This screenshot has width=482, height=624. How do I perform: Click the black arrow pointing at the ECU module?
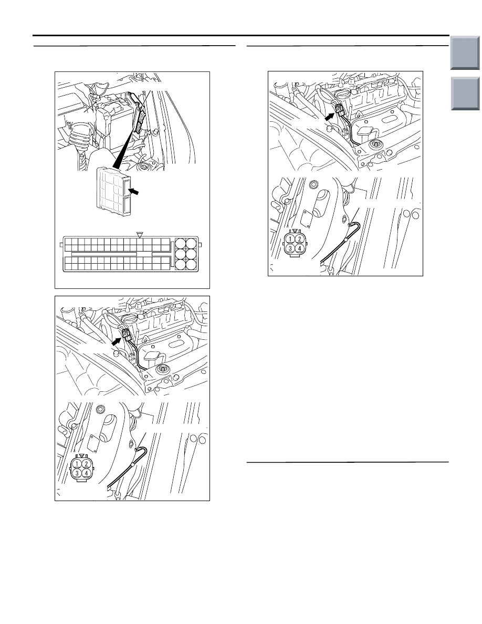[135, 193]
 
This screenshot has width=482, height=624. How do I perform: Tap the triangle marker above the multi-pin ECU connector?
[139, 236]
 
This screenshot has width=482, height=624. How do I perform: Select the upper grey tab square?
[465, 53]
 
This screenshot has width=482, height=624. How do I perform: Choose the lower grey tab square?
[465, 93]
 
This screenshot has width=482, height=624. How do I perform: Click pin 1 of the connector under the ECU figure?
[78, 464]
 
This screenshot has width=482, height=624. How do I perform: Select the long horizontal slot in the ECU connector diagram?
[104, 254]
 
